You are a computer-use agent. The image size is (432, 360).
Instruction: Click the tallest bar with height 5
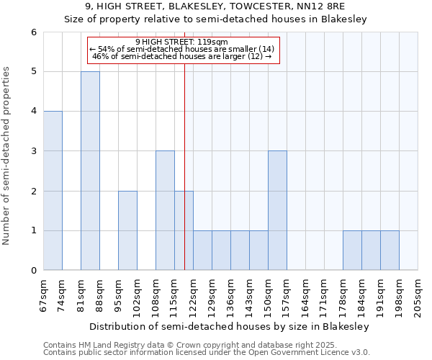pyautogui.click(x=90, y=171)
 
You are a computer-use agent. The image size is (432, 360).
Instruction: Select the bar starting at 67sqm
pyautogui.click(x=53, y=191)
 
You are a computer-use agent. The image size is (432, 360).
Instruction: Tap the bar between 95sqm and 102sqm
pyautogui.click(x=127, y=230)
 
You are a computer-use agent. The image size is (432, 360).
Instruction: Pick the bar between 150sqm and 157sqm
pyautogui.click(x=277, y=210)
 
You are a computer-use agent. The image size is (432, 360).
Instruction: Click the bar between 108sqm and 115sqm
pyautogui.click(x=165, y=210)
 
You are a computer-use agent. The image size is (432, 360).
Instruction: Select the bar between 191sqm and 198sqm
pyautogui.click(x=390, y=251)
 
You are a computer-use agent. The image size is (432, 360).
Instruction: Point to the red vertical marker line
pyautogui.click(x=185, y=166)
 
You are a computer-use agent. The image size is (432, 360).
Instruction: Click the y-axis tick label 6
pyautogui.click(x=33, y=32)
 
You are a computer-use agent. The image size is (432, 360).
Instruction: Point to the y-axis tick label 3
pyautogui.click(x=33, y=151)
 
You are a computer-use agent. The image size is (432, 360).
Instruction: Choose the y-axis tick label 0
pyautogui.click(x=33, y=271)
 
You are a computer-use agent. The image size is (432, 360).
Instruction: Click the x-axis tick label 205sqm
pyautogui.click(x=418, y=295)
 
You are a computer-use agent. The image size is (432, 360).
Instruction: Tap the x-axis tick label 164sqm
pyautogui.click(x=305, y=295)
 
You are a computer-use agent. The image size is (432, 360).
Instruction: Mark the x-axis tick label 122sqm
pyautogui.click(x=193, y=295)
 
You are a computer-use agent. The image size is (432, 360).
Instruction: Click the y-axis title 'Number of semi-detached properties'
pyautogui.click(x=7, y=156)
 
